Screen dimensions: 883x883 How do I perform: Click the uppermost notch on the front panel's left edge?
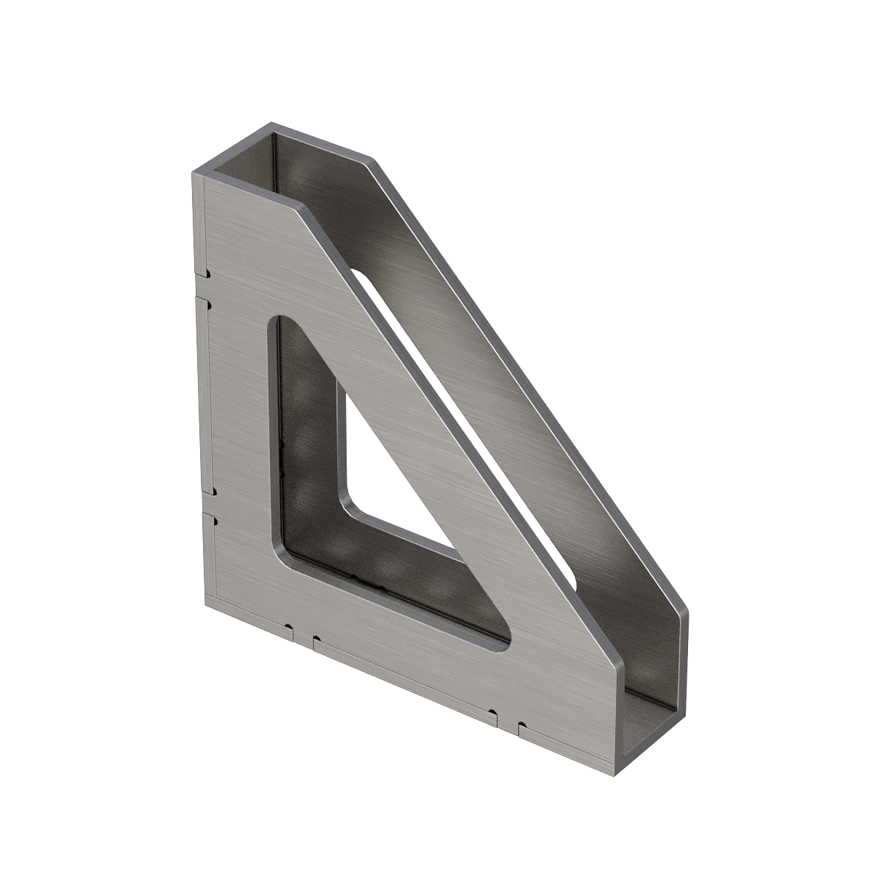click(208, 275)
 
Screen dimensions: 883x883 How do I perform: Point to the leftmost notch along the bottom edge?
click(290, 629)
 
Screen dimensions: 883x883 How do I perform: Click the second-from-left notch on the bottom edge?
click(316, 639)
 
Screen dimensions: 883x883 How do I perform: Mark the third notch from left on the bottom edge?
click(491, 713)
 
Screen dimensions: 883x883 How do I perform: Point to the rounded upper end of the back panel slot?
click(358, 274)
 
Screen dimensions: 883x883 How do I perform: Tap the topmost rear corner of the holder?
click(274, 123)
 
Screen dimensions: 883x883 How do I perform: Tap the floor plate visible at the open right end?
click(651, 706)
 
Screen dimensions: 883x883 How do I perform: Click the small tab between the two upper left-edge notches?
click(207, 288)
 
